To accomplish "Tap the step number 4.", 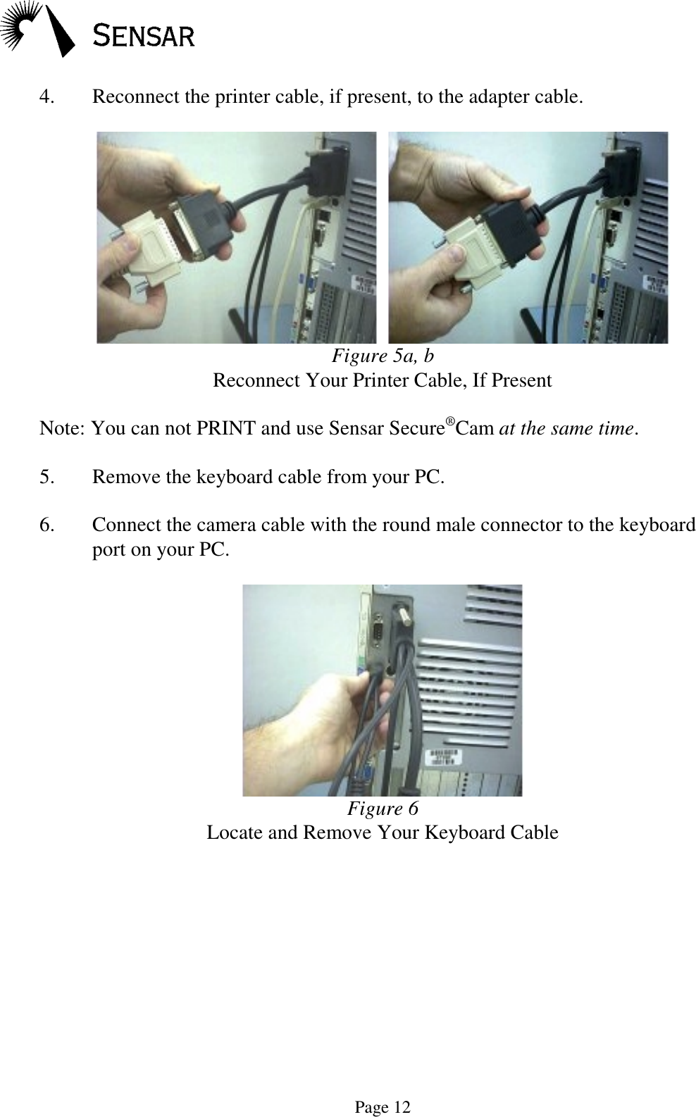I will point(47,96).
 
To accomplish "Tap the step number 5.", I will point(47,478).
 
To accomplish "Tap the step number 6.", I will point(47,525).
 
